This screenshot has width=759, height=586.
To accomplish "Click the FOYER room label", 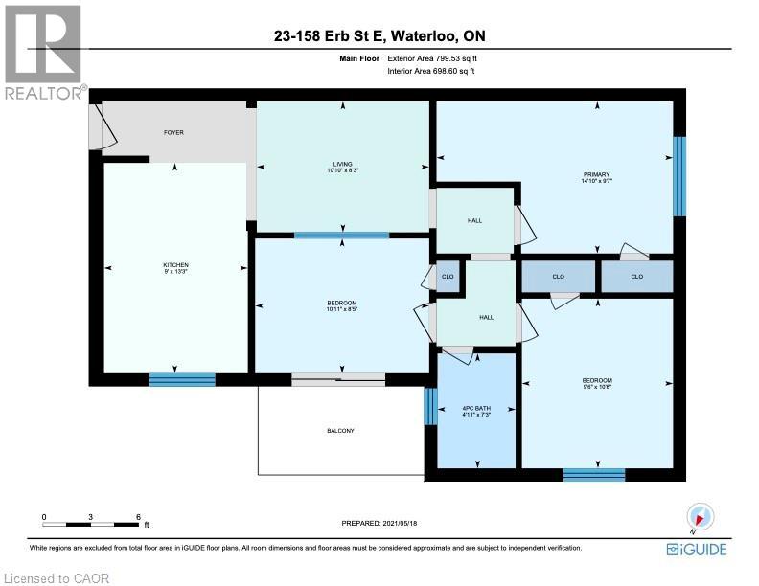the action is (x=173, y=132).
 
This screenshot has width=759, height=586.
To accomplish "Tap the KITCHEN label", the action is (x=175, y=265).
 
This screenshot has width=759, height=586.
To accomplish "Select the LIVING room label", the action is (x=343, y=164).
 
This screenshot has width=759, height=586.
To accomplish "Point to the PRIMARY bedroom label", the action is (x=597, y=174).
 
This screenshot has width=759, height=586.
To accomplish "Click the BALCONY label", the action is (x=341, y=431).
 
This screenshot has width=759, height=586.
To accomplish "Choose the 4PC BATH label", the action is (x=477, y=409).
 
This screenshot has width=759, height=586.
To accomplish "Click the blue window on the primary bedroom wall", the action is (x=679, y=176).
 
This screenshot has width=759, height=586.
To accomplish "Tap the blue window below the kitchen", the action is (x=182, y=379).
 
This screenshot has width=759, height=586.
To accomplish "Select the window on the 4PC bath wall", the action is (x=430, y=407).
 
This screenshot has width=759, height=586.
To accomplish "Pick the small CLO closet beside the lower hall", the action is (x=448, y=277).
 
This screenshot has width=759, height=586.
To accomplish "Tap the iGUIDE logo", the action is (x=697, y=550).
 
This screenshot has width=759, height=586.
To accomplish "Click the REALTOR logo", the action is (x=43, y=53).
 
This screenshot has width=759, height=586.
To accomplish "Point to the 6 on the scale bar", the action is (x=138, y=517).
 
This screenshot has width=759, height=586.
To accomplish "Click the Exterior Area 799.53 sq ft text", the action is (x=432, y=58).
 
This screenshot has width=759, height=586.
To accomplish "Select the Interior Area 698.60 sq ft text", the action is (x=431, y=71).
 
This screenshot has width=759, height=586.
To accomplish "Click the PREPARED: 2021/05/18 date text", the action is (x=379, y=523).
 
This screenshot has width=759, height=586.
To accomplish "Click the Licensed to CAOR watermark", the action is (x=57, y=578).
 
